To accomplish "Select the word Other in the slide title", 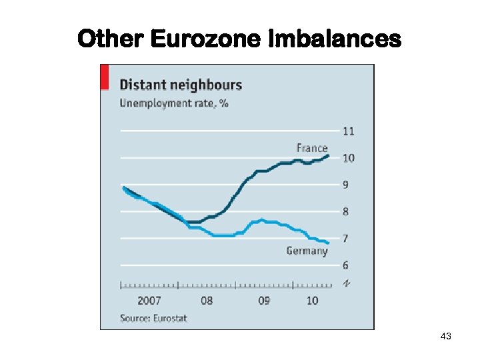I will (111, 39).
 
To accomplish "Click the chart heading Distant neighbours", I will (180, 85).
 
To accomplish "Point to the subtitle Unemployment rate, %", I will (174, 103).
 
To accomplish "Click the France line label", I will (312, 148).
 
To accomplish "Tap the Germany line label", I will (307, 251).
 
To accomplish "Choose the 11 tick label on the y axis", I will (348, 131).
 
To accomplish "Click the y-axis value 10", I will (348, 158).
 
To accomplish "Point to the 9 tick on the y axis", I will (345, 185).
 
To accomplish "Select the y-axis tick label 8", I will (345, 212).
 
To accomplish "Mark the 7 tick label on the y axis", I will (345, 239).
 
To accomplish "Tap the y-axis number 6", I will (345, 265).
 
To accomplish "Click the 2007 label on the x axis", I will (149, 301).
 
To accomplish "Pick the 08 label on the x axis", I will (207, 301).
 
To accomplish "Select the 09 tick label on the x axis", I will (264, 301).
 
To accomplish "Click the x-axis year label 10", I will (312, 301).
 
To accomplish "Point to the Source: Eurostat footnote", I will (153, 318).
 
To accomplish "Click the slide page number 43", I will (446, 337).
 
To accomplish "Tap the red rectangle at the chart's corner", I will (104, 77).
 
